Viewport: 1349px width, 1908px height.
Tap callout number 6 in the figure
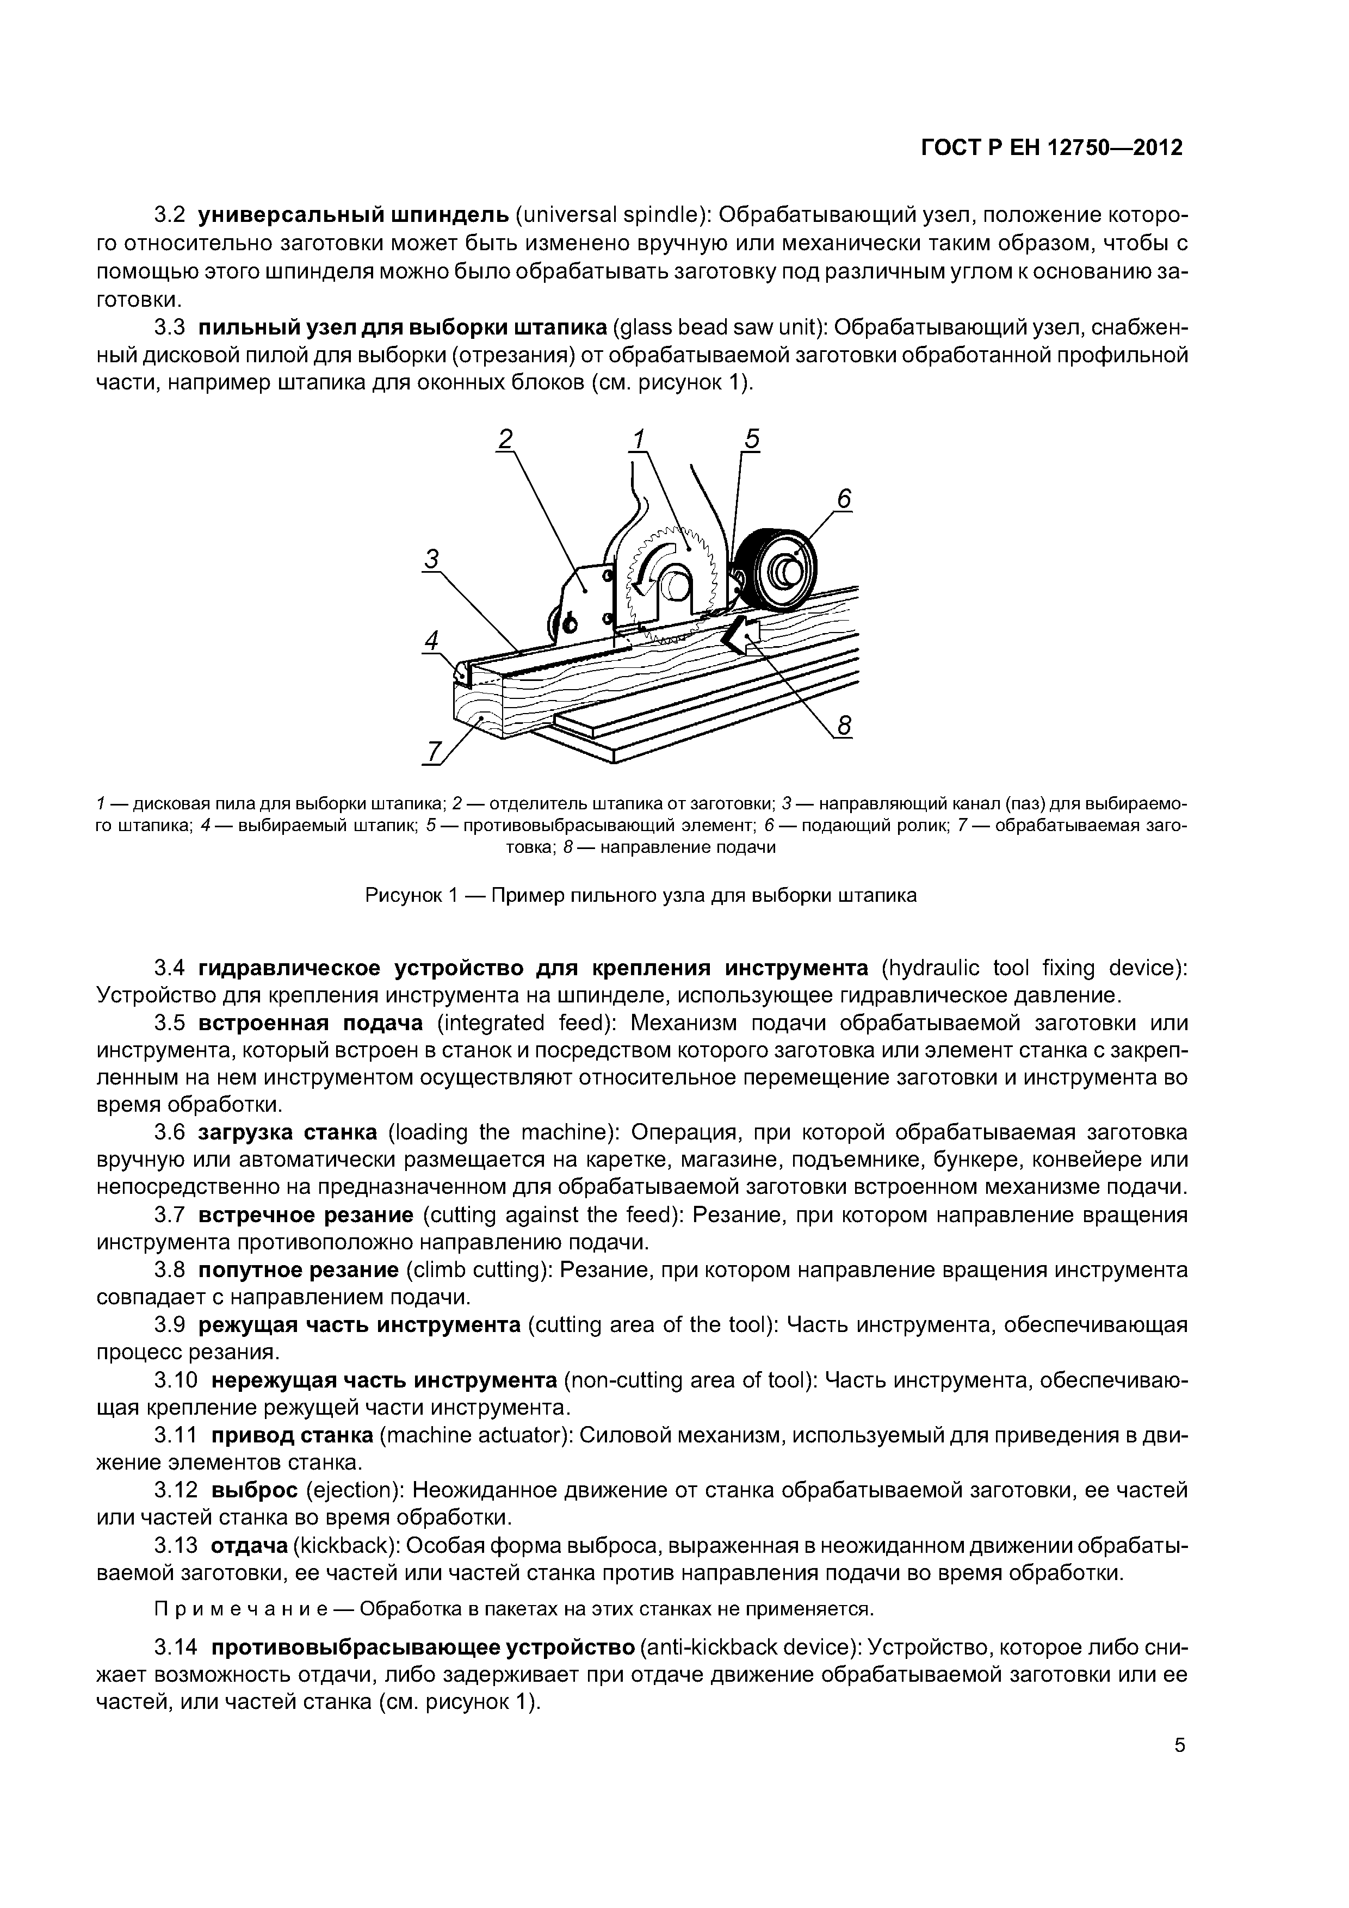[x=844, y=499]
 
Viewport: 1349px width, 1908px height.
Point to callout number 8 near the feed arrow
[x=844, y=726]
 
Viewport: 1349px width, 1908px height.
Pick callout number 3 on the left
[x=431, y=560]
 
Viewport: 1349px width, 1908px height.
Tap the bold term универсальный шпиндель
[x=353, y=216]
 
